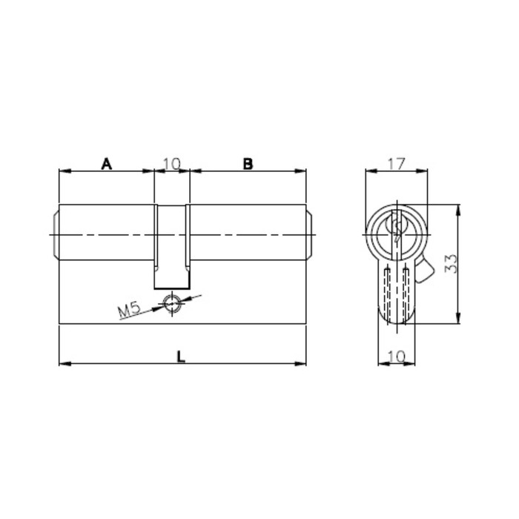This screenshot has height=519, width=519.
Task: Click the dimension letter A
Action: click(x=106, y=164)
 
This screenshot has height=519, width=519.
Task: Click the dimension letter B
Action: click(x=248, y=164)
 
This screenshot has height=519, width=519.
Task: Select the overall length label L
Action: click(x=181, y=357)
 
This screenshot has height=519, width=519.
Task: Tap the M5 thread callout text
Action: click(x=130, y=310)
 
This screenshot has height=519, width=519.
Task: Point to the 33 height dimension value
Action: click(x=451, y=263)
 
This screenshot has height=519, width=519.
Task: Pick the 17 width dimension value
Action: click(x=396, y=164)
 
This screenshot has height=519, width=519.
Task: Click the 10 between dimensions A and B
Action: click(x=172, y=164)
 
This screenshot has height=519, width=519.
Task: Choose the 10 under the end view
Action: click(x=397, y=357)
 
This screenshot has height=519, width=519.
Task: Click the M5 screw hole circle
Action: click(x=172, y=303)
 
